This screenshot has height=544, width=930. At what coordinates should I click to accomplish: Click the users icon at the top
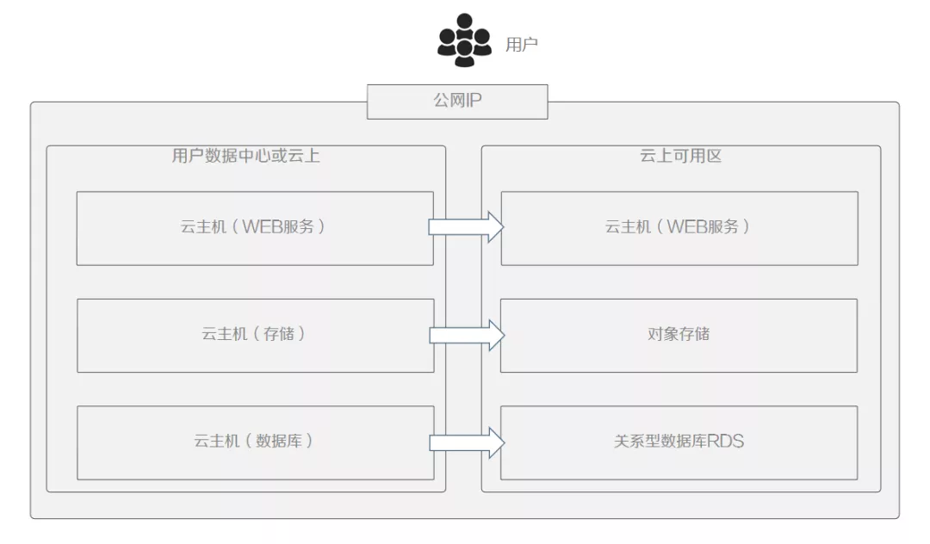click(x=464, y=40)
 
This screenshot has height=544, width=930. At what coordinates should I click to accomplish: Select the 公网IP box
click(x=457, y=102)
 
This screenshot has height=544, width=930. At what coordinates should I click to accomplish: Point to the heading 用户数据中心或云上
click(x=246, y=157)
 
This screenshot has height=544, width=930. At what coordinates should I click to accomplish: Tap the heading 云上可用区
click(x=680, y=157)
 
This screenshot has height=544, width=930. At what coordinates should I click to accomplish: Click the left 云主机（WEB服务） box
click(x=255, y=228)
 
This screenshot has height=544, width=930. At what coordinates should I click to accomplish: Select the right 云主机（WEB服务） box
click(x=679, y=228)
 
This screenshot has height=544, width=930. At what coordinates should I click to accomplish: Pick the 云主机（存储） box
click(x=255, y=335)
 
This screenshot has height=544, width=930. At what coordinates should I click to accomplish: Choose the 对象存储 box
click(x=679, y=335)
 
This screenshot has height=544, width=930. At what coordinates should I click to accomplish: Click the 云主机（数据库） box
click(x=255, y=442)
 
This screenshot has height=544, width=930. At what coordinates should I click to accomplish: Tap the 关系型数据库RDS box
click(x=679, y=442)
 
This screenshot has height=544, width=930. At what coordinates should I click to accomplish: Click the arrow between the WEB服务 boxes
click(x=466, y=227)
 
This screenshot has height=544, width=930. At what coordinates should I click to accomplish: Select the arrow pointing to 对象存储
click(x=466, y=335)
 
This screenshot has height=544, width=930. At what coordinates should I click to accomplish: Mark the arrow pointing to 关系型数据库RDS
click(x=466, y=442)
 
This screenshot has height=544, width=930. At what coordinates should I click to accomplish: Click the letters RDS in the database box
click(x=725, y=442)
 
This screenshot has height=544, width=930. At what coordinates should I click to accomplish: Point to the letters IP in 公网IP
click(x=473, y=102)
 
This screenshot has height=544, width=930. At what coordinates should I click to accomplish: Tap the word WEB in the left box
click(x=261, y=228)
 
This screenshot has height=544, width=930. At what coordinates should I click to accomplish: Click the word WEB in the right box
click(x=685, y=228)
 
